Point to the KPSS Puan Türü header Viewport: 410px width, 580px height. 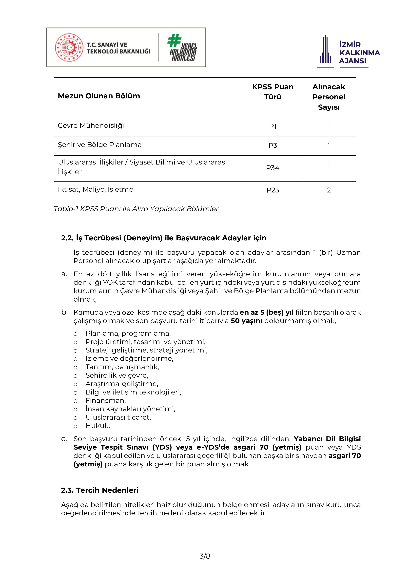[x=273, y=92]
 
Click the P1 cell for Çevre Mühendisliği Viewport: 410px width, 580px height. [x=273, y=126]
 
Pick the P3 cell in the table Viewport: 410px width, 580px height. [x=273, y=145]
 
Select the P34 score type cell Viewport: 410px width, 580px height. [x=273, y=168]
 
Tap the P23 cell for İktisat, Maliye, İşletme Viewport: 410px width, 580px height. [x=273, y=190]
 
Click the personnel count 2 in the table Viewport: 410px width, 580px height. [x=329, y=190]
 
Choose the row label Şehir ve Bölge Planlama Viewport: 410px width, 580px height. [x=99, y=145]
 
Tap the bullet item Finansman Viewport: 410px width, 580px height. [x=106, y=400]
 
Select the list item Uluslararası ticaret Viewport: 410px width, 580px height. [x=118, y=417]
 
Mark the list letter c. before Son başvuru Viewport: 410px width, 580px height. [x=64, y=439]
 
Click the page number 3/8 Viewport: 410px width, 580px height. [x=205, y=556]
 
